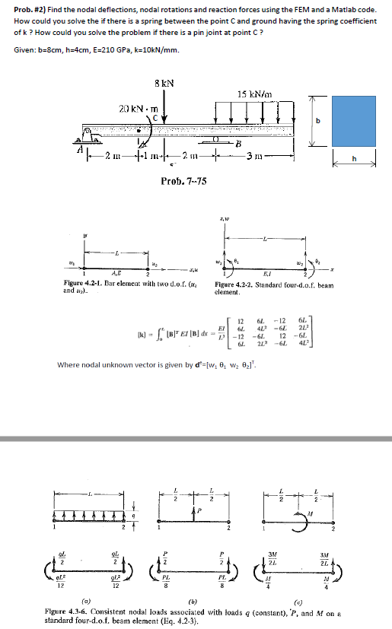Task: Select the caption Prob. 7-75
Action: pos(183,180)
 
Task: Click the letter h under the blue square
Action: pos(355,158)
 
